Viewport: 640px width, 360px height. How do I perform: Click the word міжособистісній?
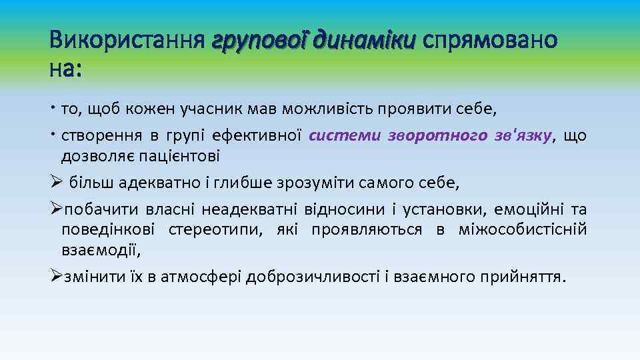click(x=523, y=230)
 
